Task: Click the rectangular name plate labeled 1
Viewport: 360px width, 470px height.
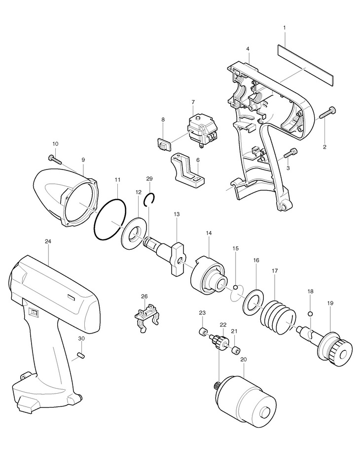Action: click(x=305, y=63)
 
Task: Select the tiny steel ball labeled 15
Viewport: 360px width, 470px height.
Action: click(x=236, y=287)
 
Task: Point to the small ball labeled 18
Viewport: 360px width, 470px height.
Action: click(x=310, y=314)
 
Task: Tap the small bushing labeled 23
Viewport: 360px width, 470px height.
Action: click(x=202, y=331)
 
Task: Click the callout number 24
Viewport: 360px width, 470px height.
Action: click(x=48, y=241)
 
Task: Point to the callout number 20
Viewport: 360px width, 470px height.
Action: click(x=243, y=360)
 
